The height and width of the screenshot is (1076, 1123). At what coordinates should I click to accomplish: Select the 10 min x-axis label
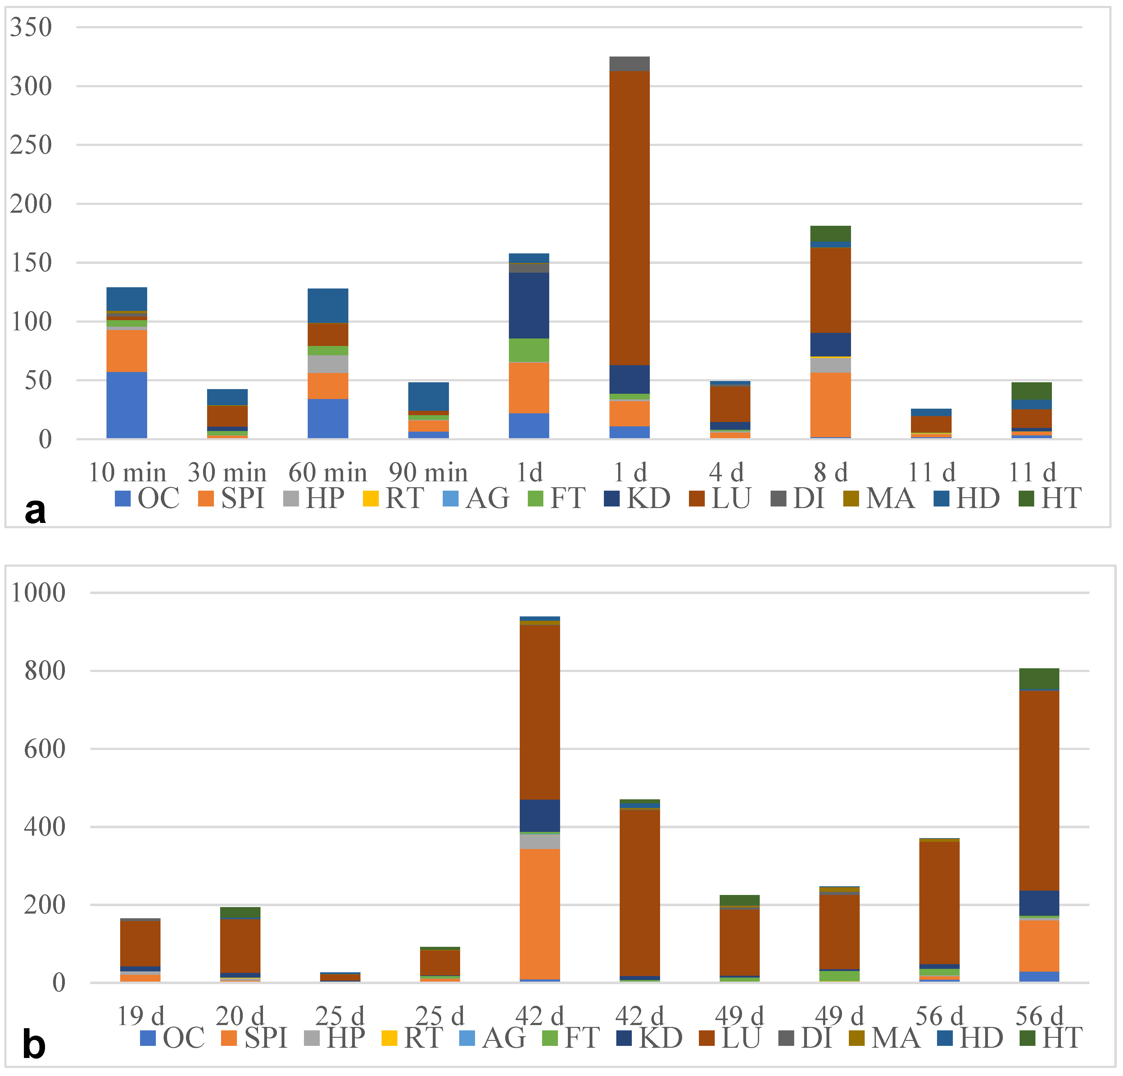(x=127, y=473)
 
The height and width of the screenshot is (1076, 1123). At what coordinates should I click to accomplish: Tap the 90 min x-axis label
(x=428, y=473)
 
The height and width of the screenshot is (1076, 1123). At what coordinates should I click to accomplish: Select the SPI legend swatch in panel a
(x=206, y=498)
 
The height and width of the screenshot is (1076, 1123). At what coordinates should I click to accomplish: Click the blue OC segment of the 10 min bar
(x=127, y=405)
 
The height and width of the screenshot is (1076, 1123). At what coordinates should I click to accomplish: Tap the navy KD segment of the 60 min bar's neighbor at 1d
(x=529, y=305)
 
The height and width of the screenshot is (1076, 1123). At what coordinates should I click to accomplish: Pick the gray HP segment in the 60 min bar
(x=328, y=364)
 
